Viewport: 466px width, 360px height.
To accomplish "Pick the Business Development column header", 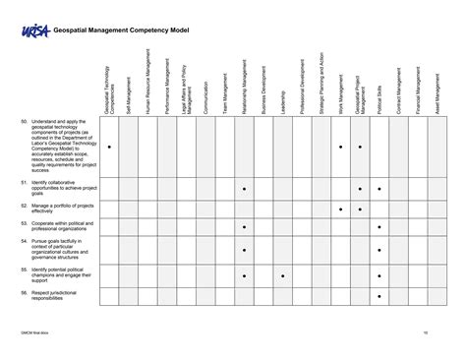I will (262, 94).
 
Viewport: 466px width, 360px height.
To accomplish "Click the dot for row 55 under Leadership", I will (282, 275).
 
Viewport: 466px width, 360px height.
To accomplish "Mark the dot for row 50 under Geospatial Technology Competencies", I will (108, 147).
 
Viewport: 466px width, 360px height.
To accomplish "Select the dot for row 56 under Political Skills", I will (379, 295).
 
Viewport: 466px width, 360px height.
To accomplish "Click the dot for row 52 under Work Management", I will (340, 209).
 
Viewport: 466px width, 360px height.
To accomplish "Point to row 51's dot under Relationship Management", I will (244, 188).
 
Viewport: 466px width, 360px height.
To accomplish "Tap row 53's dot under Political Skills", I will (379, 227).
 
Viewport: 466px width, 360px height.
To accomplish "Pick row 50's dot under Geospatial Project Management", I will (360, 147).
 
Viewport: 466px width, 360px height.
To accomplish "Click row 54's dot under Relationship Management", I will (244, 250).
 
